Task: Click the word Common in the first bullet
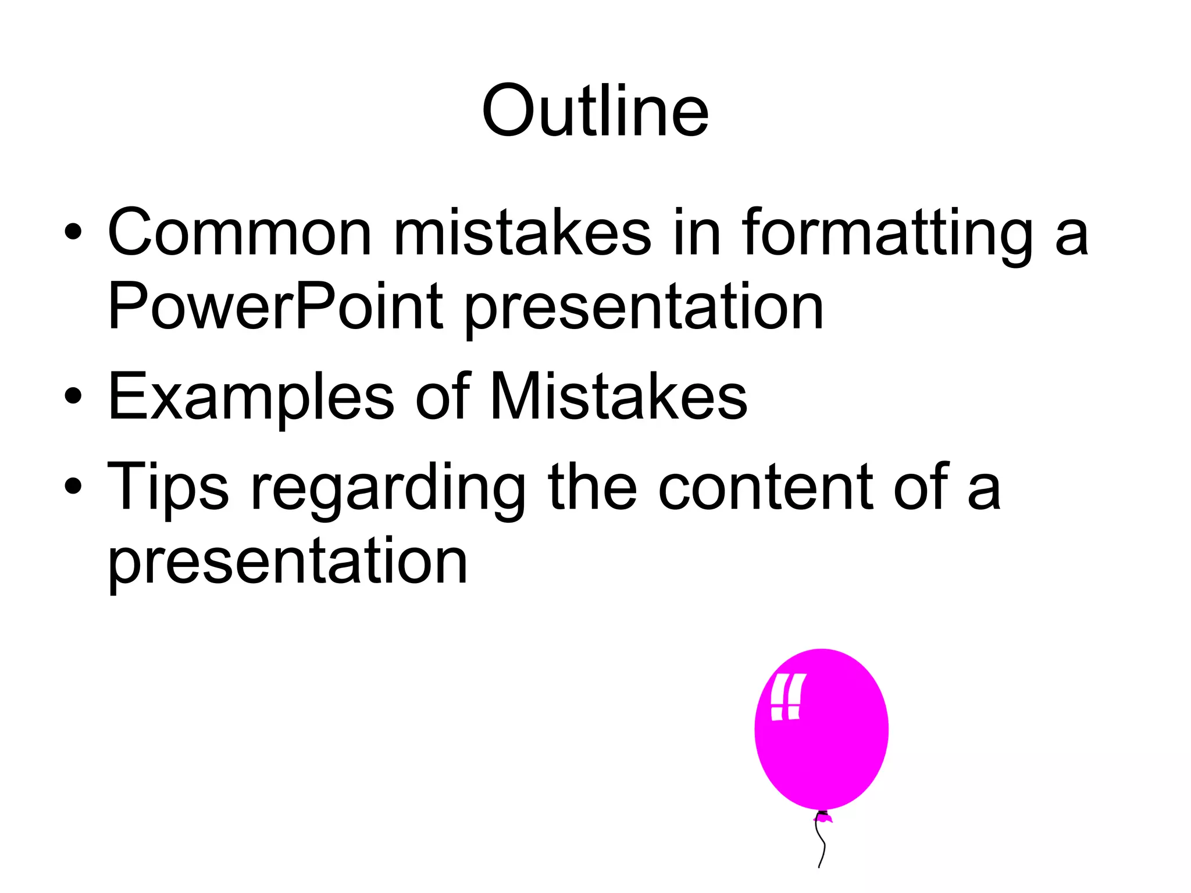pos(239,233)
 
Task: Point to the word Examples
pos(251,397)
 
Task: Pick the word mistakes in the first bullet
pos(522,233)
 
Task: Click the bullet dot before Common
pos(73,232)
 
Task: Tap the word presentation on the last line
pos(288,562)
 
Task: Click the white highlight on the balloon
pos(787,697)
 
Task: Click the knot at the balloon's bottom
pos(823,817)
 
